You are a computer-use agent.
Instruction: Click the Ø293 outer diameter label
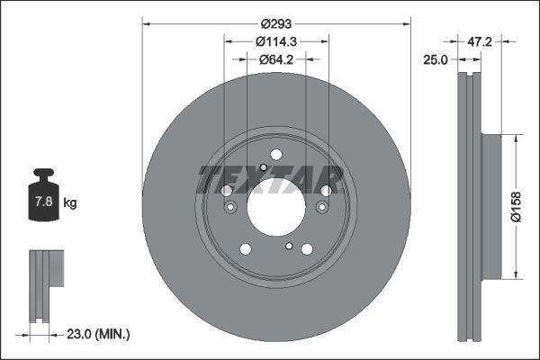pyautogui.click(x=276, y=24)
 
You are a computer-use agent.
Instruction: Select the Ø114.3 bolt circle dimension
pyautogui.click(x=276, y=41)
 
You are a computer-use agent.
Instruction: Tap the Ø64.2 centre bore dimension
pyautogui.click(x=276, y=59)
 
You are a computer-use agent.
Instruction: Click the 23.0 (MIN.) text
pyautogui.click(x=100, y=334)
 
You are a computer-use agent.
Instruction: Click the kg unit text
pyautogui.click(x=71, y=203)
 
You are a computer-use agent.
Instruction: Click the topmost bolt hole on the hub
pyautogui.click(x=276, y=154)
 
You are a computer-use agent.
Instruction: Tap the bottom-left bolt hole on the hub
pyautogui.click(x=246, y=249)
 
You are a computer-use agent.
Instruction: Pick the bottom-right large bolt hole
pyautogui.click(x=307, y=249)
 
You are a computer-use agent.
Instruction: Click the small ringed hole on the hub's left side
pyautogui.click(x=230, y=209)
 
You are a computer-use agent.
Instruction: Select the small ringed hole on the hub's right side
pyautogui.click(x=322, y=209)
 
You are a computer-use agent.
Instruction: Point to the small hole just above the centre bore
pyautogui.click(x=262, y=167)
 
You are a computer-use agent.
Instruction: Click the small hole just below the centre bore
pyautogui.click(x=289, y=245)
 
